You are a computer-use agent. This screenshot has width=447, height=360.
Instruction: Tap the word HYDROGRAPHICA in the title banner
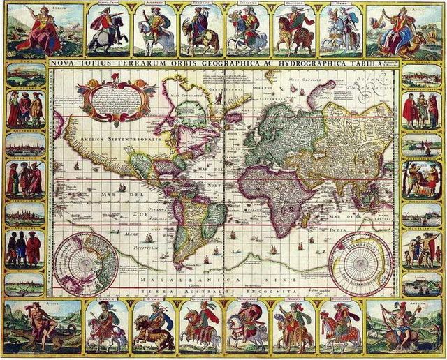pos(314,61)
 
